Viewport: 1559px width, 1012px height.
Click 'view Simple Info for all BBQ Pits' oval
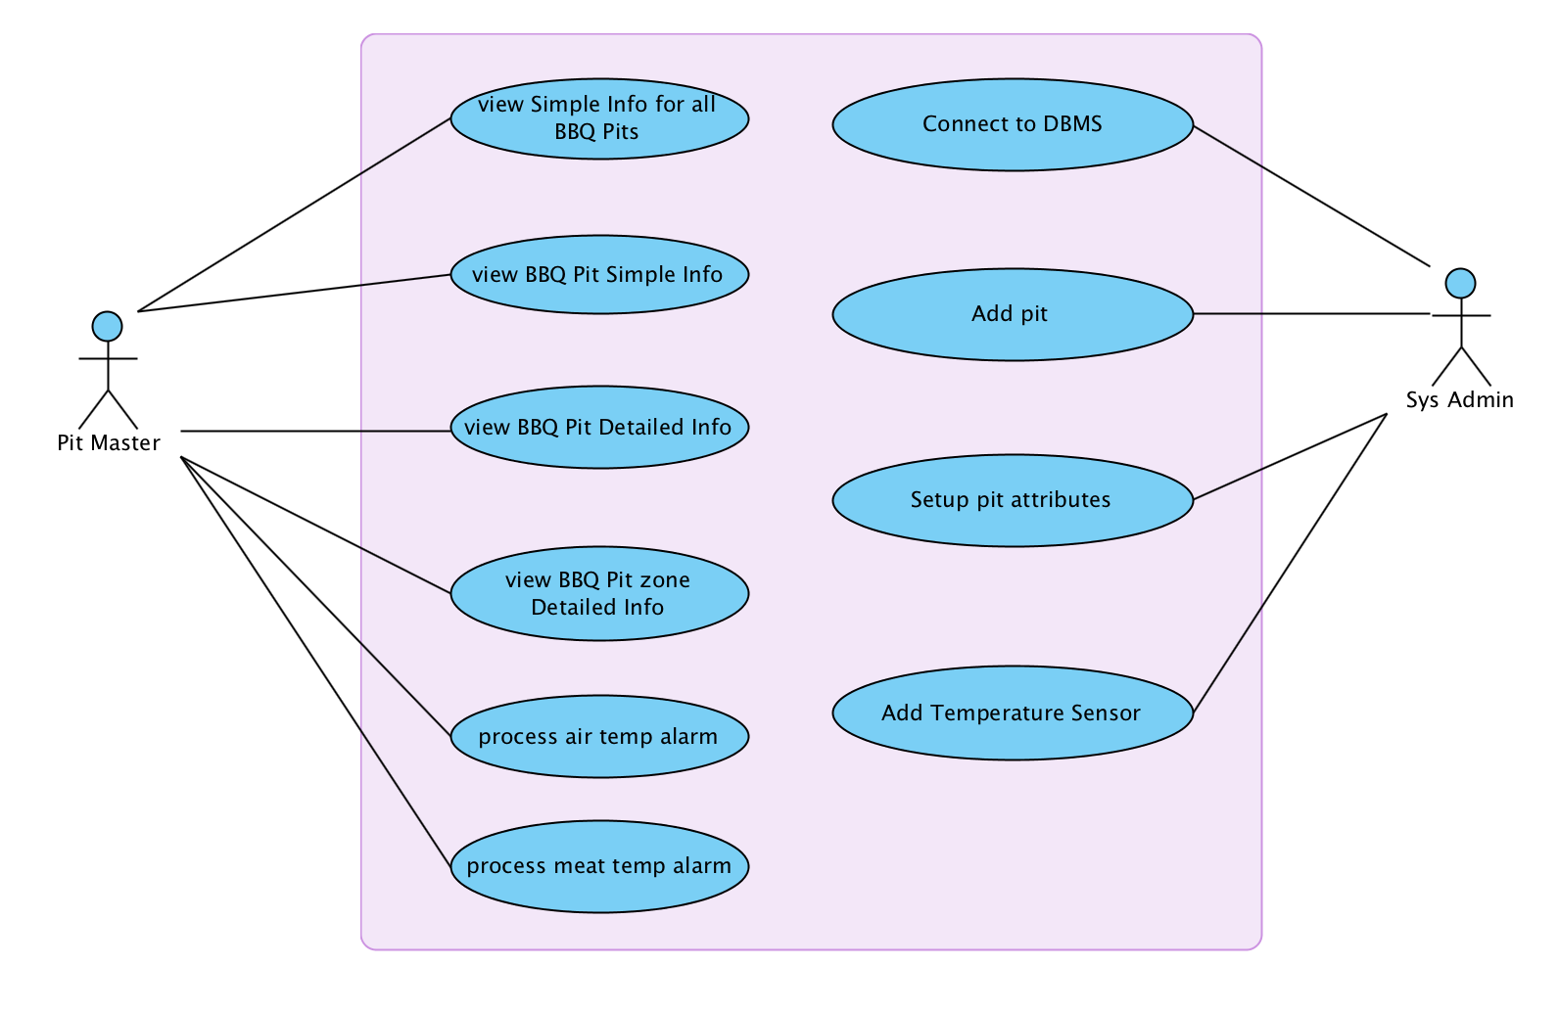[599, 118]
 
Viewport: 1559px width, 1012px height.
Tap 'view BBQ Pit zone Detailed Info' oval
[599, 593]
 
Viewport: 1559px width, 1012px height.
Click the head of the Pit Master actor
[107, 326]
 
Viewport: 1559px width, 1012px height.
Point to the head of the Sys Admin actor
[1460, 283]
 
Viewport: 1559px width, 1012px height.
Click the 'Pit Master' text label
[109, 443]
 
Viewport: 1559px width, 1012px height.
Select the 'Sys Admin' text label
[1459, 400]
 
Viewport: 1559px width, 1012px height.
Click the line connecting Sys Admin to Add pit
[1312, 314]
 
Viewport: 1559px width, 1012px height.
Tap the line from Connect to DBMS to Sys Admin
[1312, 196]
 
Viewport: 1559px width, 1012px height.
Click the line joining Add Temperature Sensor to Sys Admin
[1290, 564]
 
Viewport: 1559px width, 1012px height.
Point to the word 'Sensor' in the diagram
[1105, 713]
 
